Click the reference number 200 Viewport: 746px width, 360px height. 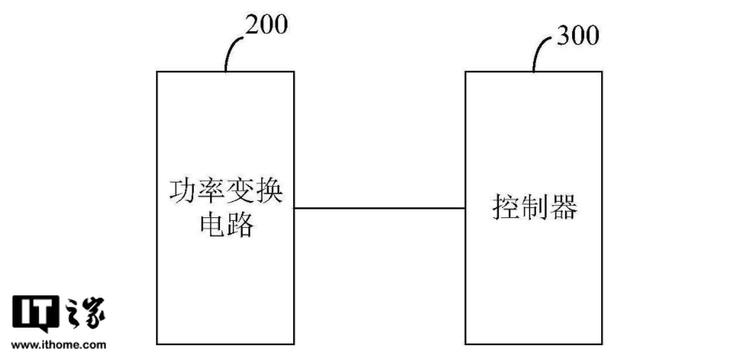coord(266,25)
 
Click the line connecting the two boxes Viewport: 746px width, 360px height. coord(380,208)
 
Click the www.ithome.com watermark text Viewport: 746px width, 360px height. coord(59,345)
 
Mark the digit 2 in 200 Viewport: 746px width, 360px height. coord(253,25)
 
